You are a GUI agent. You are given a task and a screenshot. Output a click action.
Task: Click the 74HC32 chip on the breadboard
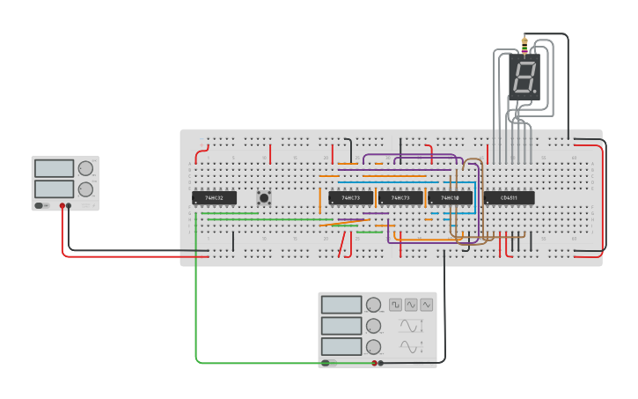(x=214, y=198)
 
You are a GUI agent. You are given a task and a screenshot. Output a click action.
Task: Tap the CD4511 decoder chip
(x=509, y=198)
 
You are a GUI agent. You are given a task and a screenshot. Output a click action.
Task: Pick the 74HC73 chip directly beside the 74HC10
(x=400, y=198)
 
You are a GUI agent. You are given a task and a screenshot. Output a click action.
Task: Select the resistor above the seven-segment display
(x=524, y=46)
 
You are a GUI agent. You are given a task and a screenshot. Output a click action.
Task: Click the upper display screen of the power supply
(x=54, y=168)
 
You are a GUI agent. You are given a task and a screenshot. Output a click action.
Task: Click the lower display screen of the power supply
(x=54, y=188)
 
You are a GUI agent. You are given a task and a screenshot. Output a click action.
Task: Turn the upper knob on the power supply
(x=85, y=168)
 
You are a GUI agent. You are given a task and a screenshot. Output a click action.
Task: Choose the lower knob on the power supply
(x=85, y=188)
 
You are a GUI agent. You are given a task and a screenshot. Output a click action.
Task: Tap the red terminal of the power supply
(x=62, y=206)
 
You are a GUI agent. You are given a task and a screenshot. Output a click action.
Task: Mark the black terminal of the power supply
(x=70, y=206)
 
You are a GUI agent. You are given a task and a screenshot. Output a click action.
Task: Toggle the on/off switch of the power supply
(x=40, y=206)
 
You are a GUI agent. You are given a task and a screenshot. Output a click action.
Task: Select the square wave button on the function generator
(x=396, y=305)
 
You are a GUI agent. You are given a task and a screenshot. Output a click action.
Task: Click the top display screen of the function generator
(x=341, y=305)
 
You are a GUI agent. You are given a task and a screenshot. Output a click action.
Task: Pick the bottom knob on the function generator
(x=374, y=347)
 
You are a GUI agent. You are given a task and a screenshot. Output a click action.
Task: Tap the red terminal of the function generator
(x=374, y=363)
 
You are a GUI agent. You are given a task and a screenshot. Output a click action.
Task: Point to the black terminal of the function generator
(x=381, y=363)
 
